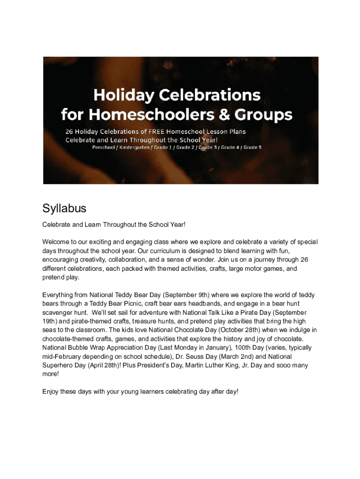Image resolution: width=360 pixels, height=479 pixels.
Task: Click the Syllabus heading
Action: coord(65,209)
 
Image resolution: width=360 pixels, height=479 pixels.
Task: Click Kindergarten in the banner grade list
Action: coord(132,147)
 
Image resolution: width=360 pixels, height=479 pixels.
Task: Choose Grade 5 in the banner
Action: coord(252,147)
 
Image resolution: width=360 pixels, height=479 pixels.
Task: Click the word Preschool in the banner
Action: coord(103,147)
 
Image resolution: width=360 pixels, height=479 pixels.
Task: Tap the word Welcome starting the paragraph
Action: coord(56,242)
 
